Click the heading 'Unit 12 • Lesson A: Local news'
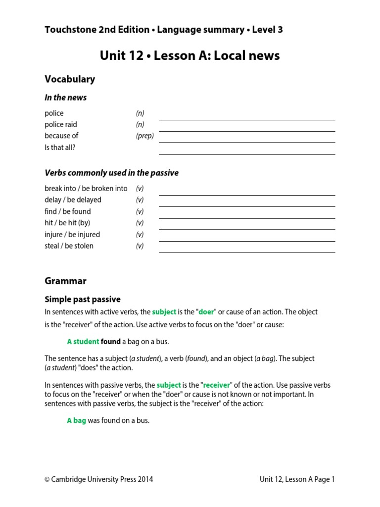190,55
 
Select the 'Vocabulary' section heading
70,79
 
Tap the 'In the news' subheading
65,98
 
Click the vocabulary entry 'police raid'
61,124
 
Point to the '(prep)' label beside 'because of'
145,136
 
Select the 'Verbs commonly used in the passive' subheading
111,173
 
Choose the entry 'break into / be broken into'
86,189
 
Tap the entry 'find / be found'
68,211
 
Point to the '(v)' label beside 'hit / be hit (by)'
140,223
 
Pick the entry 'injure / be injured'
72,235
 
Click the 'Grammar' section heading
65,281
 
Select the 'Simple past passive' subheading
83,300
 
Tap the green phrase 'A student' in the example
83,342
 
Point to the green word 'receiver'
217,385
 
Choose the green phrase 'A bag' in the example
77,421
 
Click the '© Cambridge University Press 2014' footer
99,479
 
